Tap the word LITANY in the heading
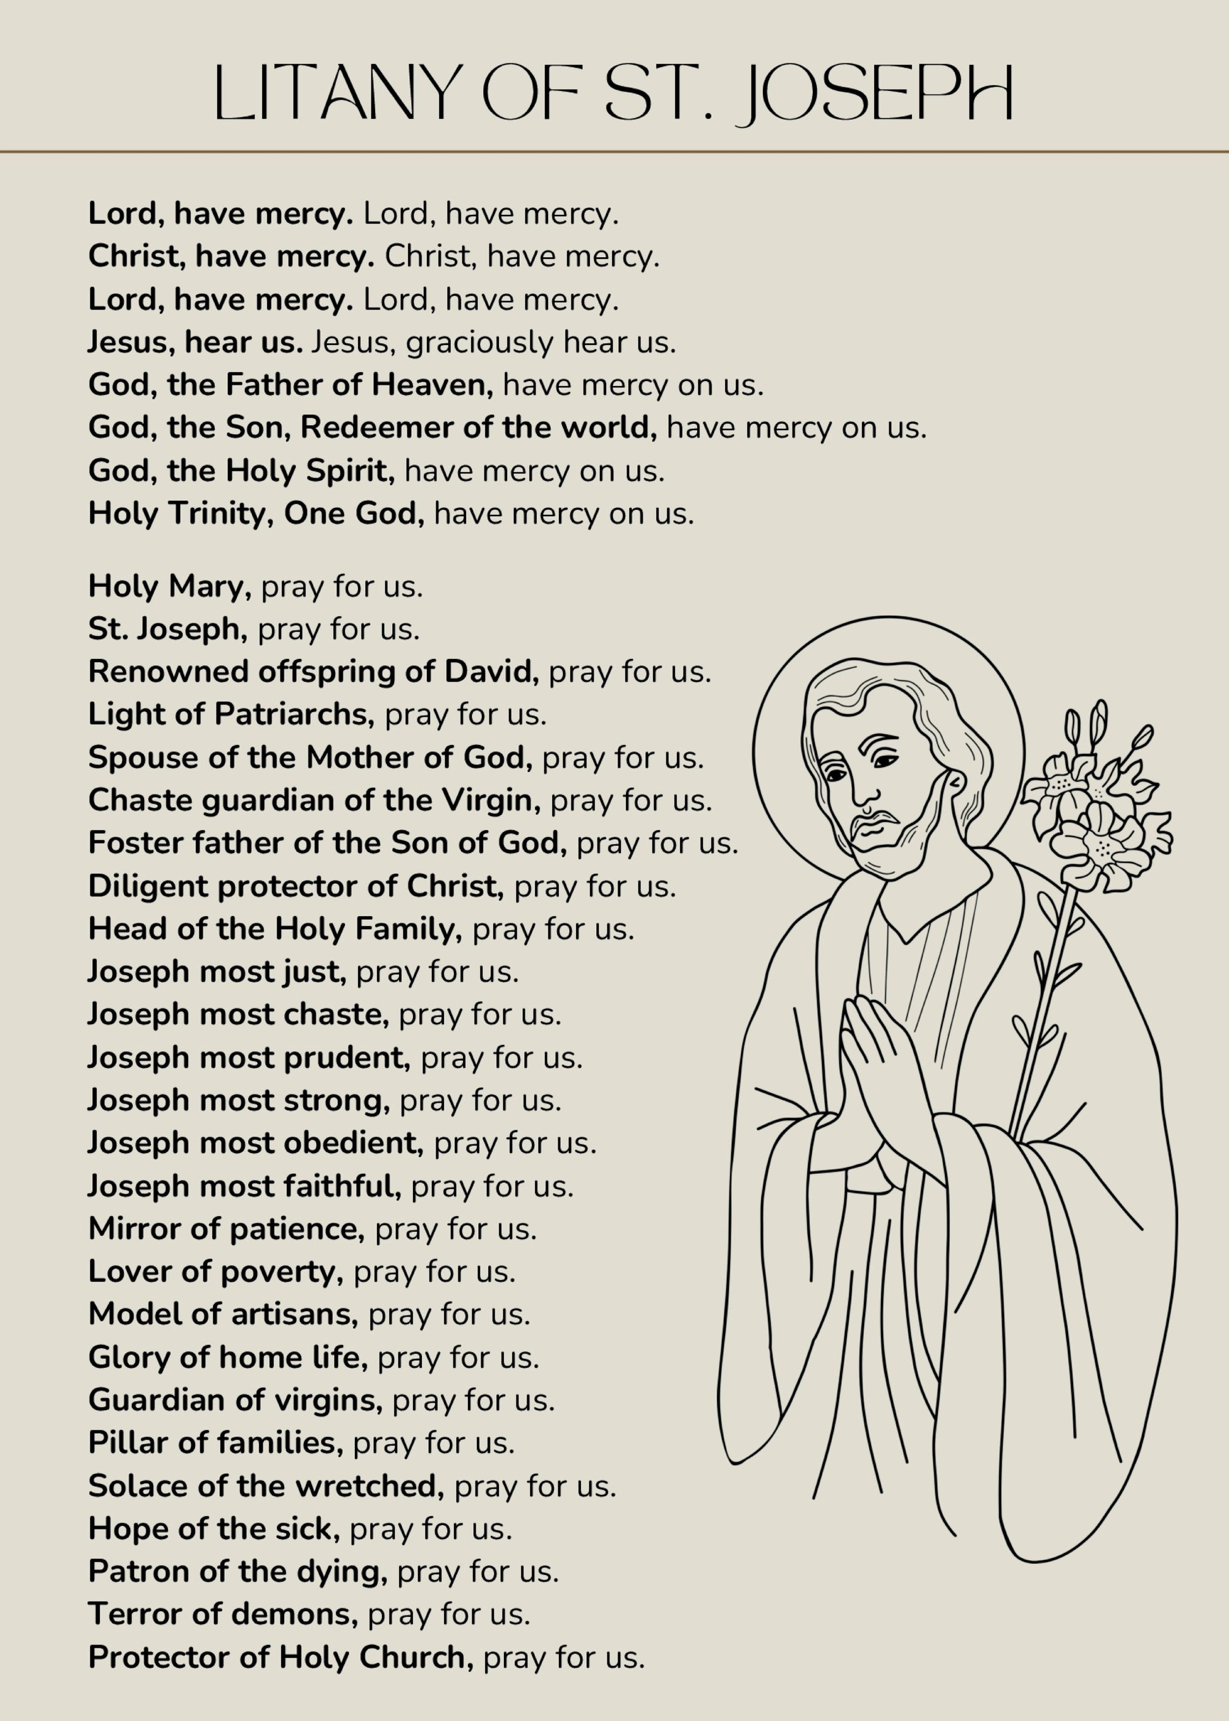click(x=339, y=93)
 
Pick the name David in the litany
click(x=490, y=672)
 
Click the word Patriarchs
click(x=294, y=714)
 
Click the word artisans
click(x=294, y=1314)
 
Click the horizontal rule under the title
click(x=614, y=152)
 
